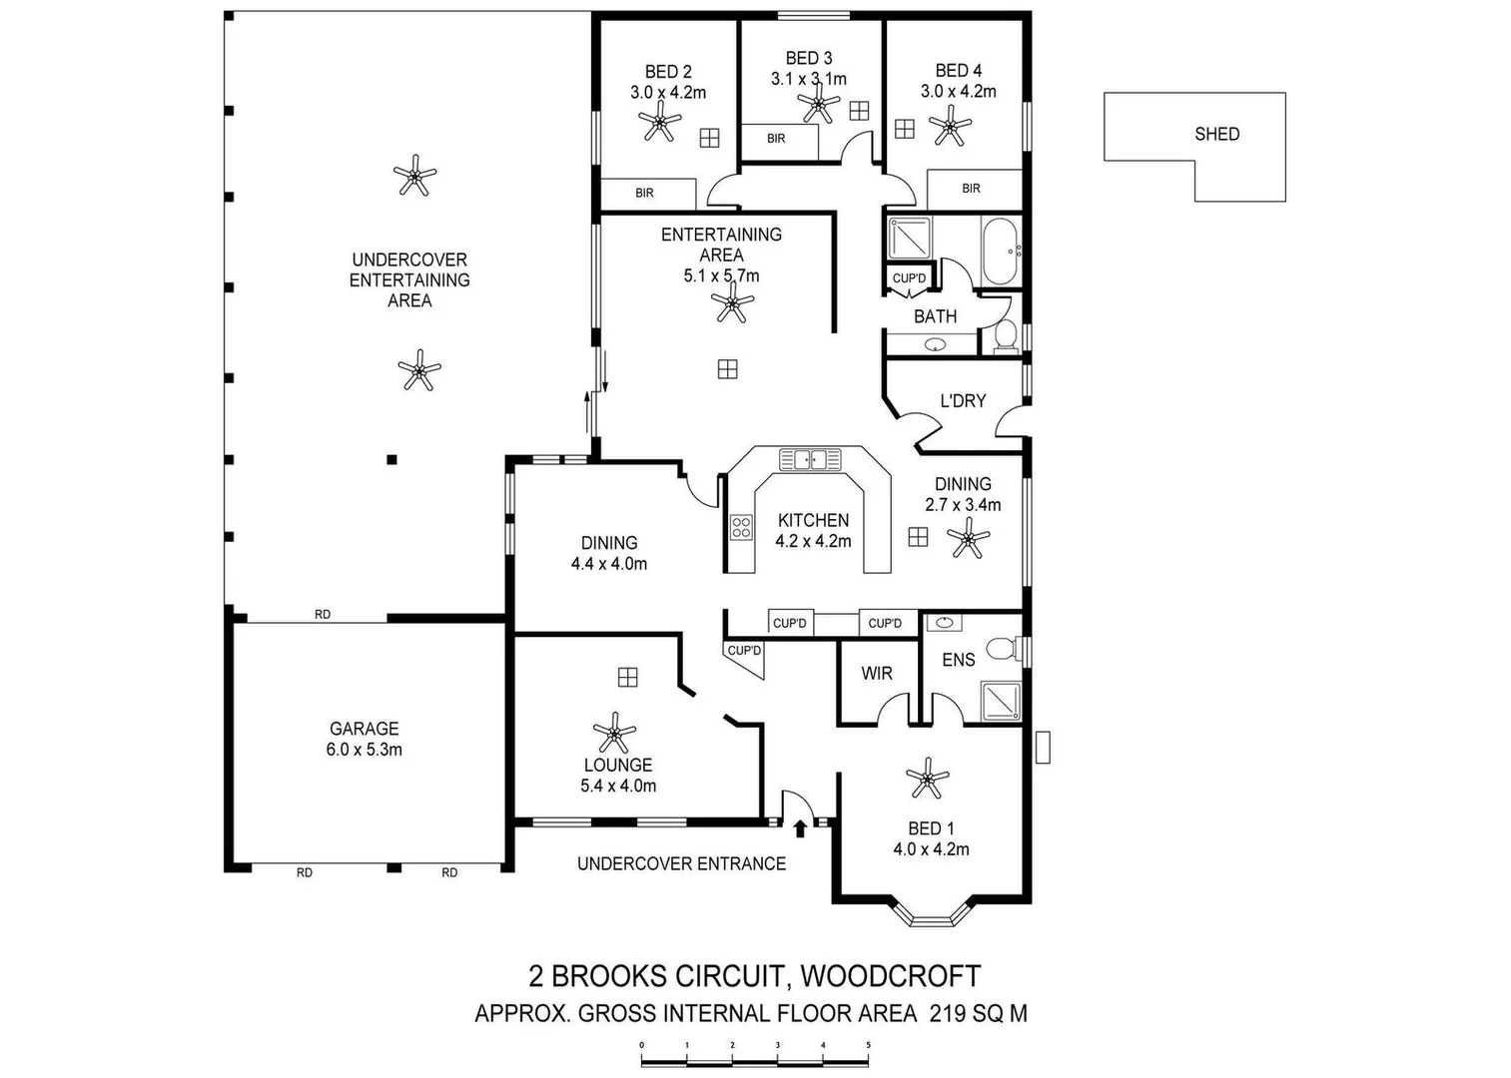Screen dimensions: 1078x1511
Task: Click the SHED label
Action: (x=1216, y=134)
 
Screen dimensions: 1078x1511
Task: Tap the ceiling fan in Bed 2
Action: (x=659, y=125)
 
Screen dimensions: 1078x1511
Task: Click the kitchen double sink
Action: (x=810, y=459)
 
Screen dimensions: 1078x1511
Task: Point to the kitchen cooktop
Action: (x=741, y=527)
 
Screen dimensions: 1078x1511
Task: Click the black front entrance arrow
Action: (x=799, y=827)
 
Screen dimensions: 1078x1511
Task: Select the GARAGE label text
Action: (x=364, y=729)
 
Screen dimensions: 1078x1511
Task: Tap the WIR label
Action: (x=877, y=674)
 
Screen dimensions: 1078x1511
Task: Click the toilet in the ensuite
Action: (x=1002, y=650)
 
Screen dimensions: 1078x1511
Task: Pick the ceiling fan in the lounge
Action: (x=613, y=734)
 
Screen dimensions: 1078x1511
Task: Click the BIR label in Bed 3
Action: (x=776, y=139)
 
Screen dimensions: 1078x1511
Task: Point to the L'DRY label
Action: (x=963, y=400)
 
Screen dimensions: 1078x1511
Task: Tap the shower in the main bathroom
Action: (x=910, y=239)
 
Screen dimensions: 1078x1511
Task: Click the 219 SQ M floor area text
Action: (x=978, y=1014)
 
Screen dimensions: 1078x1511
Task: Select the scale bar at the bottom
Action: (x=754, y=1054)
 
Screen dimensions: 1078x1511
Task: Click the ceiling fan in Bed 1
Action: (x=928, y=779)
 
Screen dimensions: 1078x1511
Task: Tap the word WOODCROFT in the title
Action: (x=891, y=975)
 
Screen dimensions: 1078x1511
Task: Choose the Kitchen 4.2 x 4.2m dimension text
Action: (x=813, y=541)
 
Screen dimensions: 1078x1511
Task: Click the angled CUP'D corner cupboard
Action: (x=745, y=656)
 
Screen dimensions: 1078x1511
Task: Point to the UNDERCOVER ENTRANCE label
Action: (x=681, y=863)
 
